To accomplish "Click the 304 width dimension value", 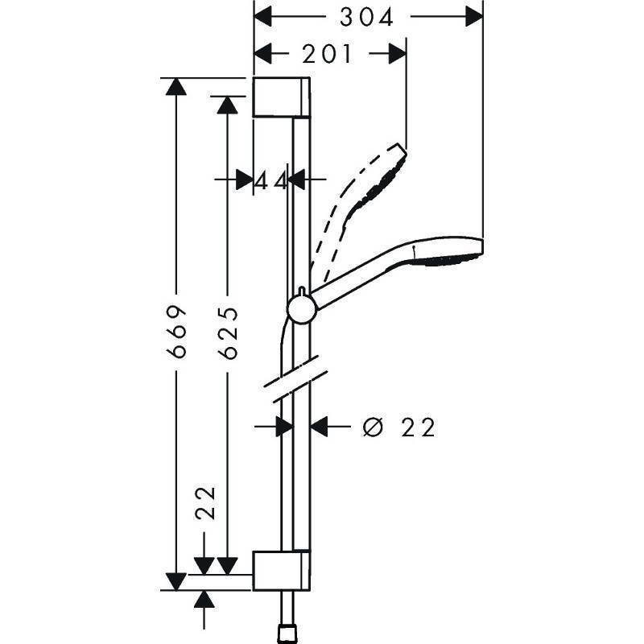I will click(366, 17).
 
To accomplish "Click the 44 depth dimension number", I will click(271, 181).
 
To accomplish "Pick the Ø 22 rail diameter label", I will click(399, 427).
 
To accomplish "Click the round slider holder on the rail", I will click(299, 309).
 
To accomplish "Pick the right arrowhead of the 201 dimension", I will click(396, 55).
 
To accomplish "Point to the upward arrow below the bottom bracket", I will click(206, 600).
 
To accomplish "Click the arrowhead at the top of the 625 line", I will click(228, 104).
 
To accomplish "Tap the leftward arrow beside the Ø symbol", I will click(321, 427).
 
